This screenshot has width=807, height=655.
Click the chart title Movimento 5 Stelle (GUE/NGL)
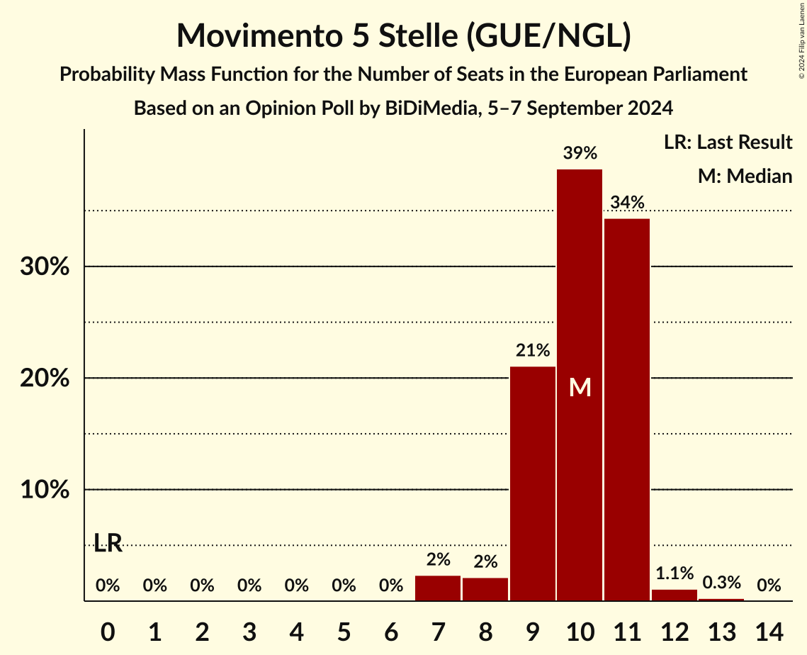pos(403,36)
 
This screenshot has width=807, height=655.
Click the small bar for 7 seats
pos(438,588)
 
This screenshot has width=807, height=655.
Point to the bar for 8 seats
pos(485,590)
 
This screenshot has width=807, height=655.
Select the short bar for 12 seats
pos(675,595)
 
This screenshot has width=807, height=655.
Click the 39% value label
pos(580,153)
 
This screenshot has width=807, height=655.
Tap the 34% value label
pos(627,203)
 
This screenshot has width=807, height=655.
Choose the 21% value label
pos(533,350)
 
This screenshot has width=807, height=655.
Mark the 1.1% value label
pos(675,573)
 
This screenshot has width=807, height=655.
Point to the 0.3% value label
pos(721,583)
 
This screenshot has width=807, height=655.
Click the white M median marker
pos(580,387)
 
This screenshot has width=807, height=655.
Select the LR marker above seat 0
pos(108,544)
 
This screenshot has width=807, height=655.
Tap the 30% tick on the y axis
pos(45,267)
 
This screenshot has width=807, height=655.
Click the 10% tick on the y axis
pos(45,491)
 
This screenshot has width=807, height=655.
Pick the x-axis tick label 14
pos(769,629)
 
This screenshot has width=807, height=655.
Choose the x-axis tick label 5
pos(344,629)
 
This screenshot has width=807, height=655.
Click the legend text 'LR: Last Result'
pos(728,142)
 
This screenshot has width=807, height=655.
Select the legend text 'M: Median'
pos(745,176)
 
